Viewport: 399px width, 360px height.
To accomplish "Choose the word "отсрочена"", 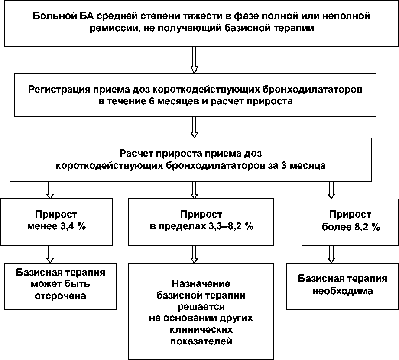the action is pyautogui.click(x=61, y=296).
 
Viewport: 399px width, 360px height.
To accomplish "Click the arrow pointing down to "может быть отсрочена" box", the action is pyautogui.click(x=50, y=254).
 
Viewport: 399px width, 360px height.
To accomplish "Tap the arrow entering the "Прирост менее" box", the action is pyautogui.click(x=50, y=189).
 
